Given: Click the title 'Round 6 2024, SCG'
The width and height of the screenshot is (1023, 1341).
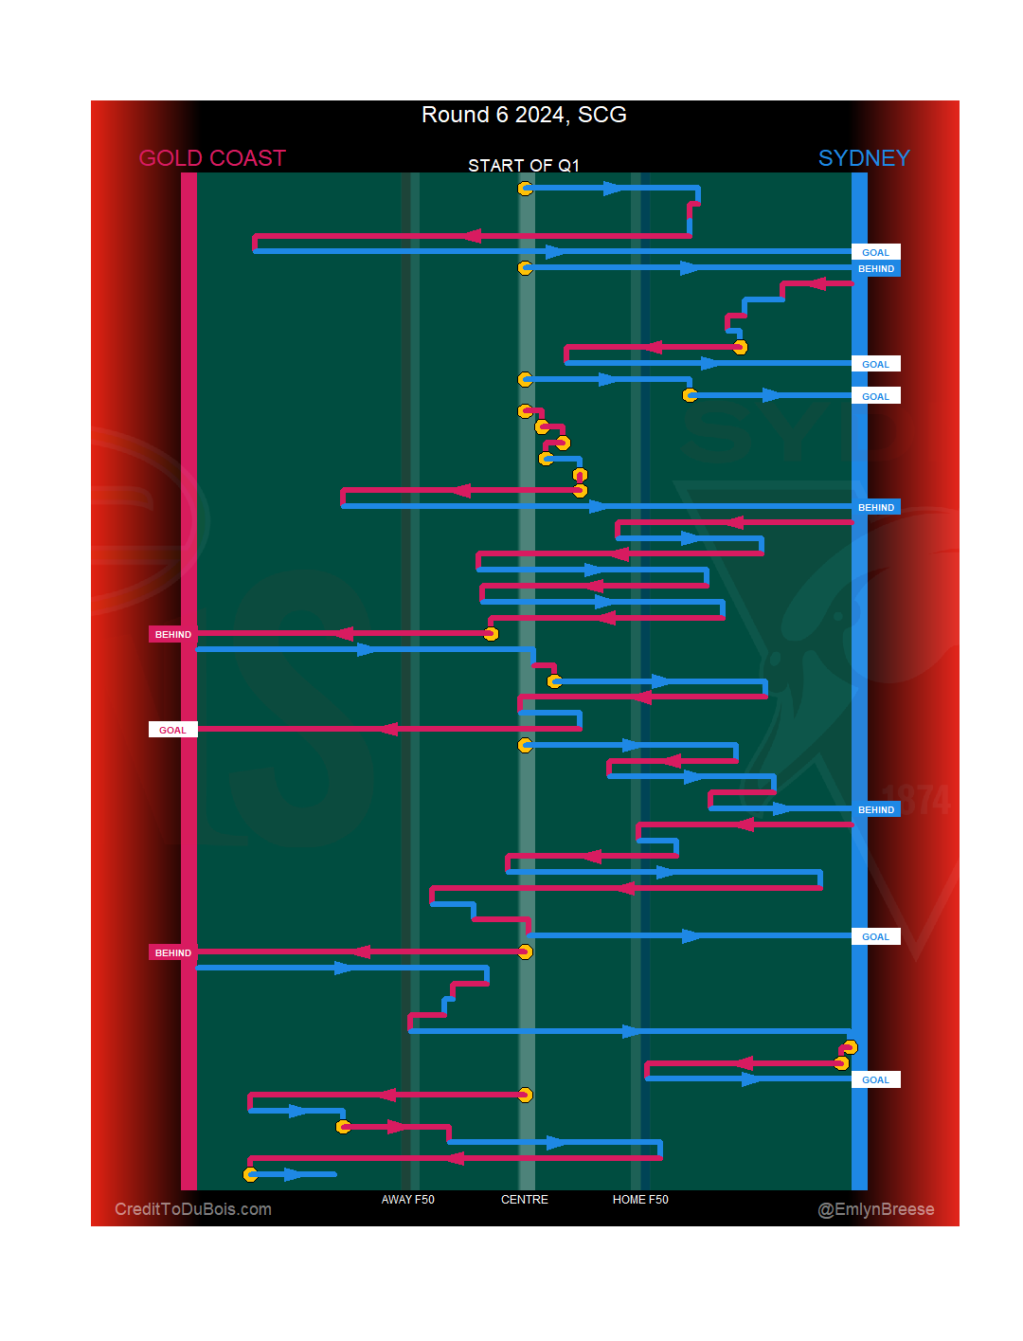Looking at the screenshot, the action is click(524, 115).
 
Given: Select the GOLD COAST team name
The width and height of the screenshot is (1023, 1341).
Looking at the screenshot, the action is click(212, 158).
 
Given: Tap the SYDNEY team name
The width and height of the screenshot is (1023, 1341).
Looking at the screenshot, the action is click(863, 158).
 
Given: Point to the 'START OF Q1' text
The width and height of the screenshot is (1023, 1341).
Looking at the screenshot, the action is click(523, 166).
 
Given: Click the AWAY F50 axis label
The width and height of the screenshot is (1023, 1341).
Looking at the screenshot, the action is click(407, 1200).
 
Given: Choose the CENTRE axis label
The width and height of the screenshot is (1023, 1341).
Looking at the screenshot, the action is click(524, 1200).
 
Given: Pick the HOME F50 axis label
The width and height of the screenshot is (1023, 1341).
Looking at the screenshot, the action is click(640, 1200).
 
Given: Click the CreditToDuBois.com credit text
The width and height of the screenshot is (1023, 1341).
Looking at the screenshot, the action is click(193, 1209).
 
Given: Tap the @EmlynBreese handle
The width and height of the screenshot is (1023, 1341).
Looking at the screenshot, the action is click(875, 1209).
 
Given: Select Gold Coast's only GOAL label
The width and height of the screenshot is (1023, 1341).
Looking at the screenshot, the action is click(172, 730).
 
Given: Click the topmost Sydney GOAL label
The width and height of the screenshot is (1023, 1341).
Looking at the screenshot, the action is click(875, 252).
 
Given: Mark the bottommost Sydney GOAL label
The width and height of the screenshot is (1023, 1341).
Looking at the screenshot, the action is click(875, 1079).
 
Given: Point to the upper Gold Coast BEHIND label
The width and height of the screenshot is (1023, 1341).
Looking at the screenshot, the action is click(172, 634).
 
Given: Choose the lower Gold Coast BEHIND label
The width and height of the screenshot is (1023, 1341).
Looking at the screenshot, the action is click(172, 952).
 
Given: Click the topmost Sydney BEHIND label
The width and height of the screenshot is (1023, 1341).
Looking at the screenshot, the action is click(875, 269).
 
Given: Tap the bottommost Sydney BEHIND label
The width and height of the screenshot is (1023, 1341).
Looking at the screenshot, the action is click(875, 809).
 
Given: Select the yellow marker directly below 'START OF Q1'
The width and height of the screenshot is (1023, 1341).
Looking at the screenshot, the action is click(525, 189).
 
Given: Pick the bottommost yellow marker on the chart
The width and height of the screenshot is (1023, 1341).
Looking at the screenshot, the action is click(250, 1175).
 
